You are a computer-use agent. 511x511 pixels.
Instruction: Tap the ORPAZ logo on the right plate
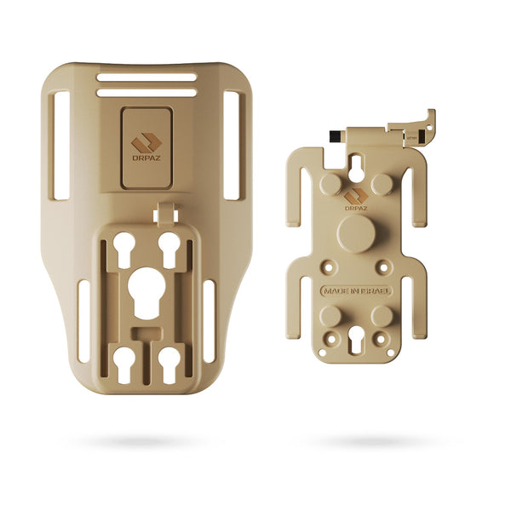(x=356, y=198)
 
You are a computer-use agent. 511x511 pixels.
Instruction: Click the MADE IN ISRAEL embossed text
(x=356, y=291)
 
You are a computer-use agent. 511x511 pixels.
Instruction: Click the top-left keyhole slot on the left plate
(x=124, y=244)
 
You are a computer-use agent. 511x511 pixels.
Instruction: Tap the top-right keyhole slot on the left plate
(x=169, y=244)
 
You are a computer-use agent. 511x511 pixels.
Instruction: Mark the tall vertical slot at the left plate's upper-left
(x=61, y=145)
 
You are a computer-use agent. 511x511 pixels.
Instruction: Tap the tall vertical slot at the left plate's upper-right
(x=233, y=145)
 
